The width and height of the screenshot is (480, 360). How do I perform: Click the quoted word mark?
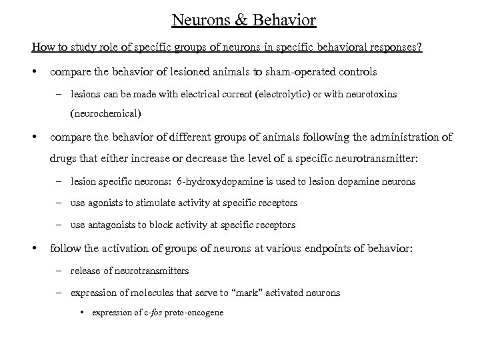tap(203, 293)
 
